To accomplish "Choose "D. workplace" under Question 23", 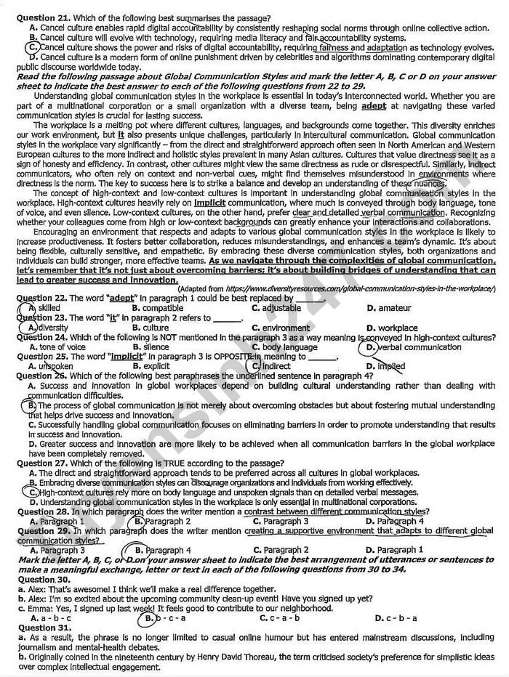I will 393,328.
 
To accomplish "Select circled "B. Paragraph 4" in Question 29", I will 163,551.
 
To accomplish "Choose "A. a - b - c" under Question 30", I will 50,618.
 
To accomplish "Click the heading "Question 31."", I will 44,628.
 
